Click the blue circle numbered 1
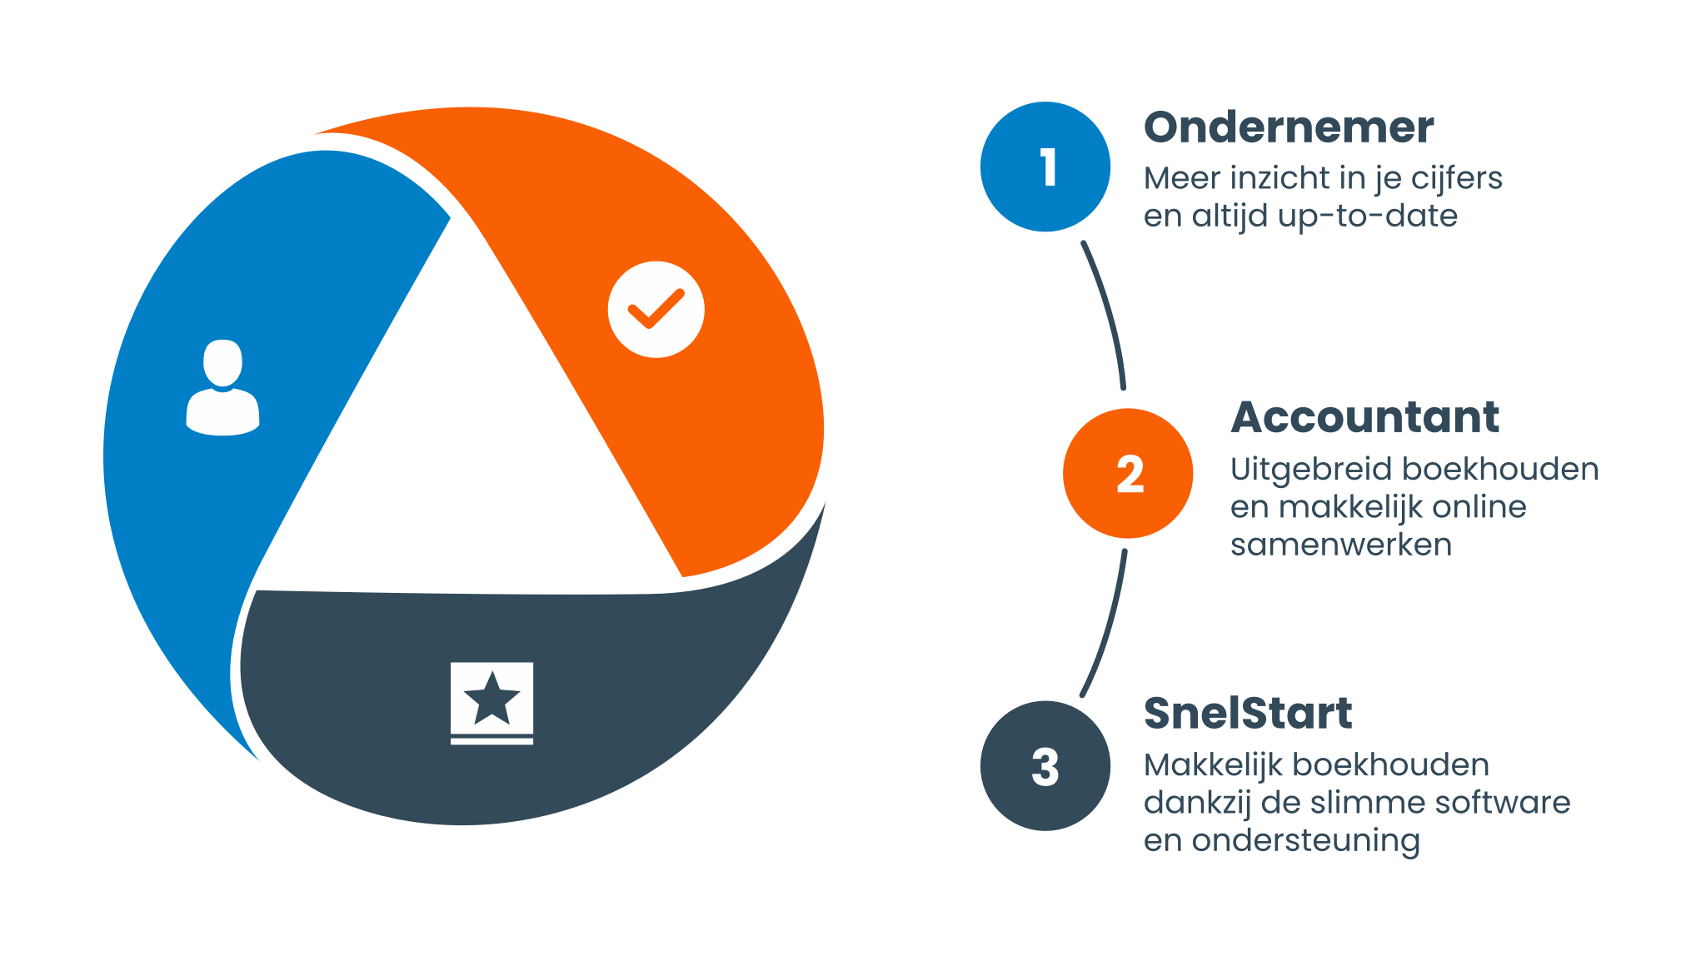pyautogui.click(x=1045, y=167)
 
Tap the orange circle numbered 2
pyautogui.click(x=1128, y=473)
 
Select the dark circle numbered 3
pyautogui.click(x=1045, y=765)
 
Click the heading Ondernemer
pyautogui.click(x=1289, y=127)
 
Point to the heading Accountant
pyautogui.click(x=1364, y=417)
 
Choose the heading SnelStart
pyautogui.click(x=1247, y=714)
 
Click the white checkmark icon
pyautogui.click(x=656, y=310)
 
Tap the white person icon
pyautogui.click(x=222, y=387)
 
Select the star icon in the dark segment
pyautogui.click(x=491, y=702)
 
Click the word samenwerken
pyautogui.click(x=1340, y=545)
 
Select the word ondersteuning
pyautogui.click(x=1305, y=841)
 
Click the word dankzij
pyautogui.click(x=1197, y=804)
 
